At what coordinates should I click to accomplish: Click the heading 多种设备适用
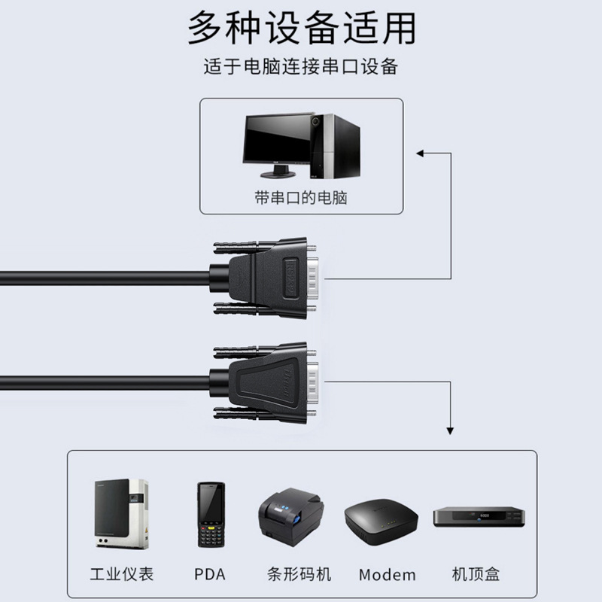[301, 29]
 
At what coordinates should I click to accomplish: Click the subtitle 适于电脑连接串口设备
[300, 67]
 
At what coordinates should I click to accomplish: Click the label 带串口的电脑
[301, 198]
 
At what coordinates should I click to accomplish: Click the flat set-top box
[478, 518]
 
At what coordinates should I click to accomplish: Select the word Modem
[387, 575]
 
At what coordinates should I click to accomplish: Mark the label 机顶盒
[476, 575]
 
